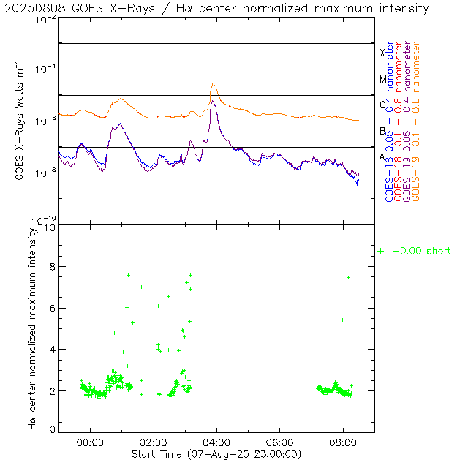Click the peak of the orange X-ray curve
click(x=214, y=83)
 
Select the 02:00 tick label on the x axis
click(x=154, y=443)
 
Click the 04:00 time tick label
click(x=216, y=443)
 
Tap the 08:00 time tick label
click(x=343, y=443)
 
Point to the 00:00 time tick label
click(x=91, y=443)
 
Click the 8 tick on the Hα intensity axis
click(x=50, y=268)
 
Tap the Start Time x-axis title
click(x=216, y=454)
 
